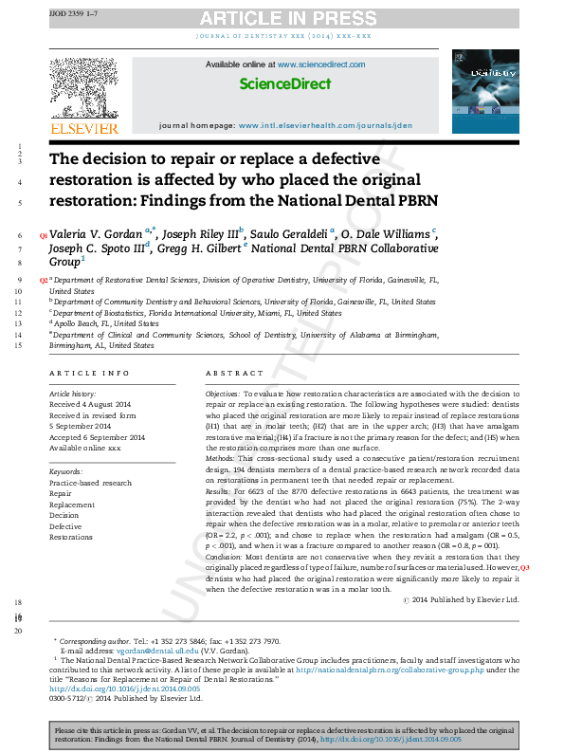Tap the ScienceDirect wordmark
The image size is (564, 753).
point(284,84)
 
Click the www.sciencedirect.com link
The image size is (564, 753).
point(320,64)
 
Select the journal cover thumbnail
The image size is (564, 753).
point(485,92)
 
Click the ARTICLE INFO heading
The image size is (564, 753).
point(89,374)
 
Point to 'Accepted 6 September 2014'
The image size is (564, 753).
point(97,437)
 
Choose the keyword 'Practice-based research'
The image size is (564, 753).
point(90,483)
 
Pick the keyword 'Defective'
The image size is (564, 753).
point(65,525)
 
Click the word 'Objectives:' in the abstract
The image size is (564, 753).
point(222,393)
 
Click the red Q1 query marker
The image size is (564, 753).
point(42,234)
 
